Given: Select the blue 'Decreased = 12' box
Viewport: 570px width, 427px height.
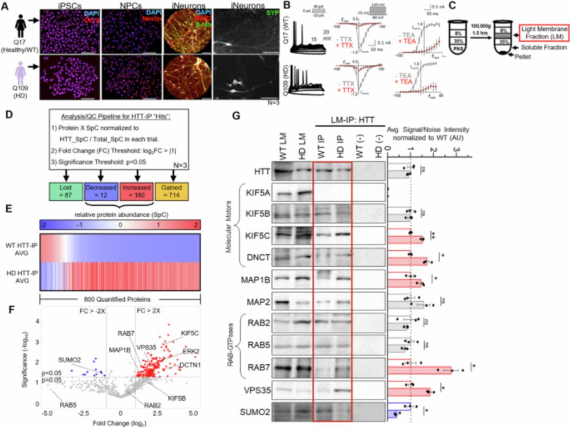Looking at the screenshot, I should point(101,190).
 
